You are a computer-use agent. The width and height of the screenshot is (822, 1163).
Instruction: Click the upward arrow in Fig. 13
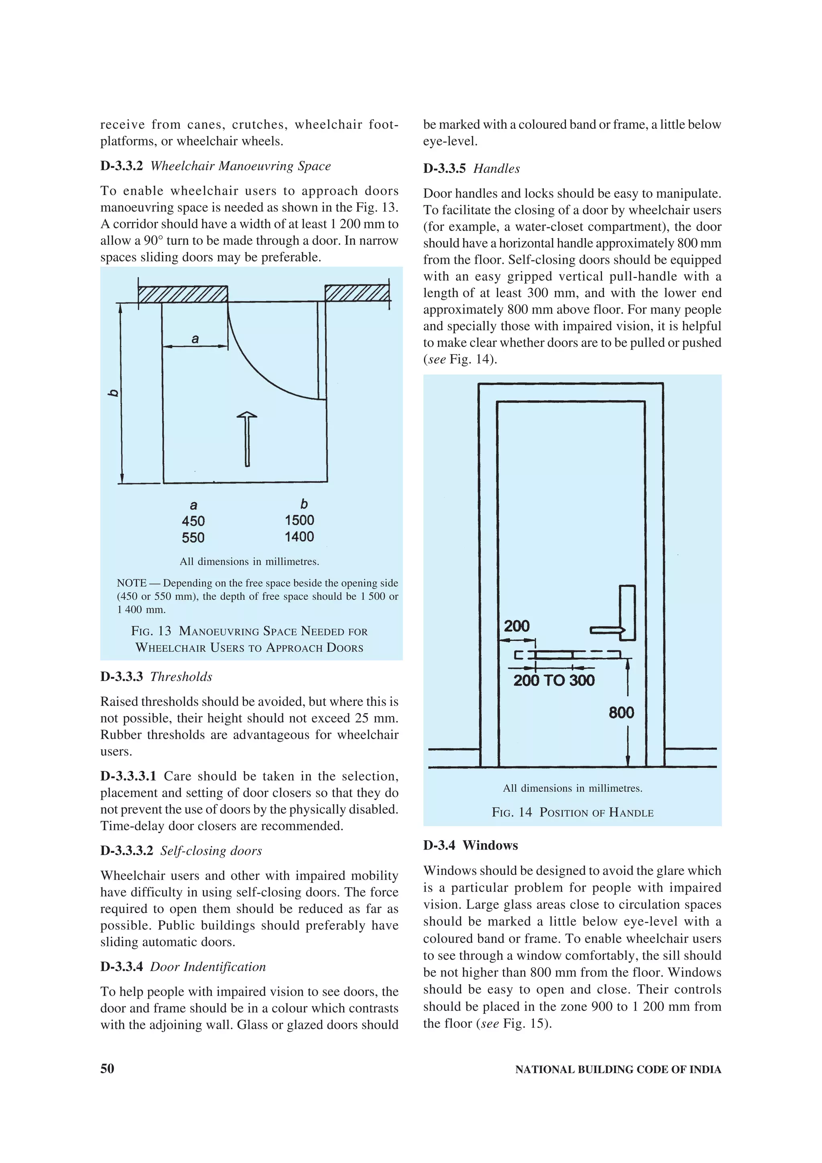coord(247,439)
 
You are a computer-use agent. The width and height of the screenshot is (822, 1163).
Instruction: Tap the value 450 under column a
coord(193,521)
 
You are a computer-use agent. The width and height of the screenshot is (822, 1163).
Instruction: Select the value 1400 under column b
coord(299,537)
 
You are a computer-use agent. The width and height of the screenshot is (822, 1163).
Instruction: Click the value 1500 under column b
coord(299,520)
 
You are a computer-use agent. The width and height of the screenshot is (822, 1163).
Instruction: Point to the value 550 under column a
coord(193,538)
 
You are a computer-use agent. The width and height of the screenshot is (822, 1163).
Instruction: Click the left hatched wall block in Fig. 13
coord(183,294)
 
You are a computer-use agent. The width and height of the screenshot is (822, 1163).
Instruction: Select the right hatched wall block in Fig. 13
coord(357,293)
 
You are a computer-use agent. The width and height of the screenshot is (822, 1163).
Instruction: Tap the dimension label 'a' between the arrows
coord(195,339)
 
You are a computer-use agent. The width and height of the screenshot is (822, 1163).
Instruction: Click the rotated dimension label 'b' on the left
coord(114,392)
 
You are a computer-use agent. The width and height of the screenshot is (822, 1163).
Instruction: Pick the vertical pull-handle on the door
coord(627,612)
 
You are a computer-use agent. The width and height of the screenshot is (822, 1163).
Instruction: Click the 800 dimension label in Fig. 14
coord(621,713)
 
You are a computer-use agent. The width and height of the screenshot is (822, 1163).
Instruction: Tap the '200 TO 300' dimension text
coord(553,680)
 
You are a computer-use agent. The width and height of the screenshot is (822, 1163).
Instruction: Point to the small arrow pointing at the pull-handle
coord(607,630)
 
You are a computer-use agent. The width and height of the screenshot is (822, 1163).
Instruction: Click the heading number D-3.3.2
coord(122,166)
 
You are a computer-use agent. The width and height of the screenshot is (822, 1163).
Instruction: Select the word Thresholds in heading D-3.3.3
coord(181,677)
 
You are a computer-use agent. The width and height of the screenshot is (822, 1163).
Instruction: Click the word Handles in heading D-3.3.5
coord(496,169)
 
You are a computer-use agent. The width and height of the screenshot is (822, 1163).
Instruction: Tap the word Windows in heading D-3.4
coord(490,846)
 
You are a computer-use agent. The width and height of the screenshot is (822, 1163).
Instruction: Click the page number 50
coord(108,1069)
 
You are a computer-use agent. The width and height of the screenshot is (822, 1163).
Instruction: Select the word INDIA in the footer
coord(705,1070)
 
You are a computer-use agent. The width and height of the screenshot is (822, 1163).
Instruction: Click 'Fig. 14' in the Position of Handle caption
coord(511,813)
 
